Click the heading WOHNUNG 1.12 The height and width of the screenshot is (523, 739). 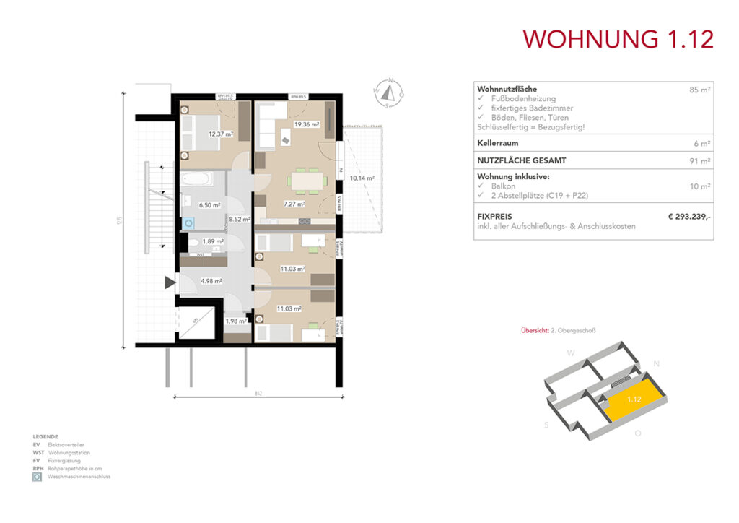618,38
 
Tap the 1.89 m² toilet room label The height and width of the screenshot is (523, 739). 212,242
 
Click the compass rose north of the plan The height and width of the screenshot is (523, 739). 388,93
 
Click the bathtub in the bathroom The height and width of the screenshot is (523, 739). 197,178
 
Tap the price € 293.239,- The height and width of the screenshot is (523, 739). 689,216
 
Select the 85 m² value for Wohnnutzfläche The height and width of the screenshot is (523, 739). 700,90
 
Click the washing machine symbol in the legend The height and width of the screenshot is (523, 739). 36,477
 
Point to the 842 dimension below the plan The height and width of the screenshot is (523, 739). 258,394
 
